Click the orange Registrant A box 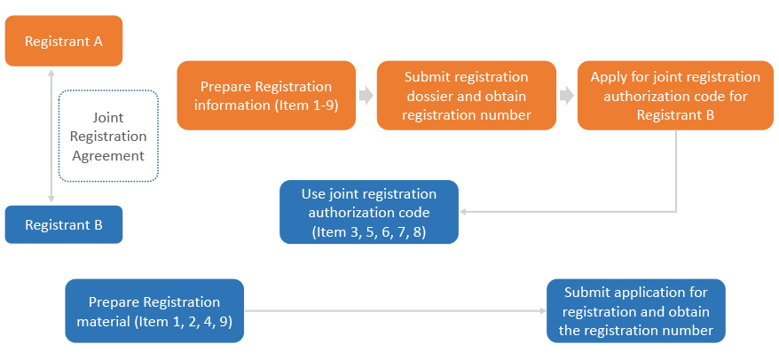63,41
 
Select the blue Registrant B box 63,225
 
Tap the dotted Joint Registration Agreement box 107,137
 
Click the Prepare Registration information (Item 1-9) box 266,96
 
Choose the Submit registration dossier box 467,96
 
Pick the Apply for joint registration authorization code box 675,96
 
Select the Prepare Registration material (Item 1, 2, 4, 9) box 154,311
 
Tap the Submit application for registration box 635,311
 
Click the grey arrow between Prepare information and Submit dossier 366,96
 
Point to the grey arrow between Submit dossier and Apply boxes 566,96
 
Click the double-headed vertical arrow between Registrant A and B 51,137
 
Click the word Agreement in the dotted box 107,155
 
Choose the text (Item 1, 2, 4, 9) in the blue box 184,321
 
